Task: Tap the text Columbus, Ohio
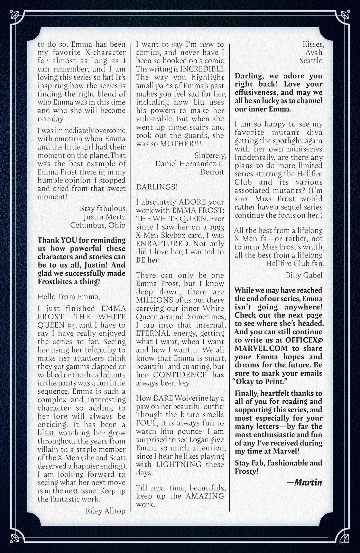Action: [98, 225]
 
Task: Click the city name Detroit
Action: [212, 172]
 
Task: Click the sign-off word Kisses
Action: [312, 44]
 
